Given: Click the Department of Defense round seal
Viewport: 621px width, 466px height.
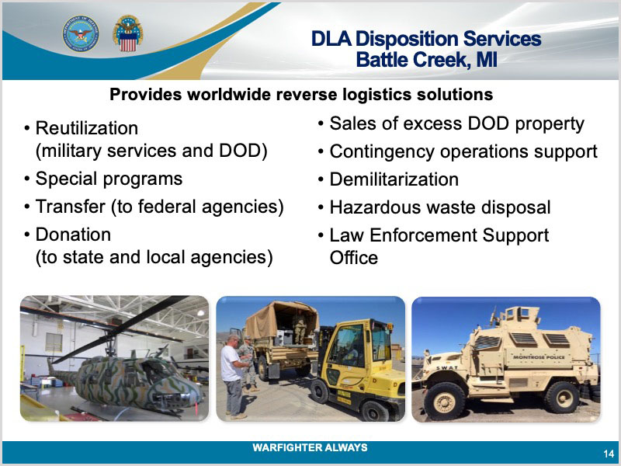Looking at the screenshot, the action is pos(81,33).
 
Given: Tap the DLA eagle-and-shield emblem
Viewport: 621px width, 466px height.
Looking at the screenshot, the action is pos(127,33).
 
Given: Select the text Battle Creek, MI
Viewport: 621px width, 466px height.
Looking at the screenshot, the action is pos(426,61).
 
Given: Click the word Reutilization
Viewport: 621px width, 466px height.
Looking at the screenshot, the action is pos(87,128).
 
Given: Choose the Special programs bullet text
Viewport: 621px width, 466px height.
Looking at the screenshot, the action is pos(109,179).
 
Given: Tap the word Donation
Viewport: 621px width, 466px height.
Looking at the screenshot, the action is pos(73,235).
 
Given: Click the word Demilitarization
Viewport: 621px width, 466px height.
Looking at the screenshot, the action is pos(394,179).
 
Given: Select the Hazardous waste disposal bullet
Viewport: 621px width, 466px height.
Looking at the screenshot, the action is pos(440,207).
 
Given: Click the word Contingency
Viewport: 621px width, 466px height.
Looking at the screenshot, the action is pos(382,152).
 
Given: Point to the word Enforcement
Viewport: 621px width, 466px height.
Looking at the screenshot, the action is pos(423,235).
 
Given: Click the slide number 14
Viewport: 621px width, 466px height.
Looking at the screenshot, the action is pos(609,454).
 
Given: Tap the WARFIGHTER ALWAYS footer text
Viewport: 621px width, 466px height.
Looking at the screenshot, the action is pos(310,448).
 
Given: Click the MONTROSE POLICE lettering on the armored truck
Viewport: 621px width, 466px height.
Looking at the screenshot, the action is pos(539,357).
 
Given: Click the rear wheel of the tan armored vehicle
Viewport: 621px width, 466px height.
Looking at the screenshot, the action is pos(561,398).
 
